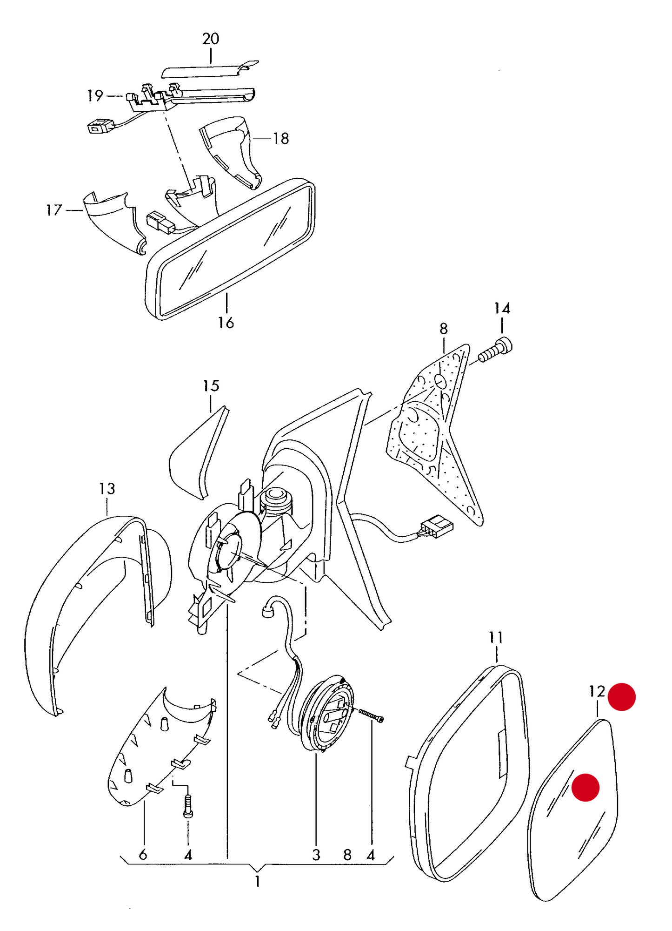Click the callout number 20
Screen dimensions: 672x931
[211, 39]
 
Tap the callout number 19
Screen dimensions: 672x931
[95, 96]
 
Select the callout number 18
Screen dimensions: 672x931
[280, 138]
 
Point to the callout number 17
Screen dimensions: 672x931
[54, 210]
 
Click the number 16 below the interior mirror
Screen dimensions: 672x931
[226, 323]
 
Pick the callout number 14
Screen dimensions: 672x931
[502, 308]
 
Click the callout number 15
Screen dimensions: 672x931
[211, 386]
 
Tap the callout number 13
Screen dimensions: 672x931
[107, 489]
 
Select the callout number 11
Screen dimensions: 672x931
[496, 637]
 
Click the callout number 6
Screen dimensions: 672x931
[143, 855]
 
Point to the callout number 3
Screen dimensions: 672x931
[316, 855]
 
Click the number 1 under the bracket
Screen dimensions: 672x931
[258, 881]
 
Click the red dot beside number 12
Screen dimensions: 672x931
[622, 697]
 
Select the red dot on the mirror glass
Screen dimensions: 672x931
[586, 788]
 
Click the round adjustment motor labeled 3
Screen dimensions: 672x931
[327, 713]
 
